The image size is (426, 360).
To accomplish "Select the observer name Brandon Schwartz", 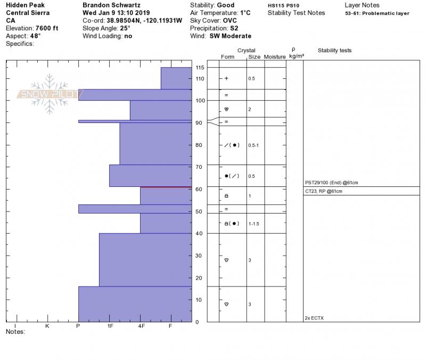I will click(x=111, y=5).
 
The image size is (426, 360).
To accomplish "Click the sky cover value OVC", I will click(x=231, y=21).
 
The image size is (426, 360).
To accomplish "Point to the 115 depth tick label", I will click(x=200, y=68).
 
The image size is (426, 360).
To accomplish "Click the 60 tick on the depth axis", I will click(x=199, y=190).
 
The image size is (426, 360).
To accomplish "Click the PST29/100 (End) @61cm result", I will click(x=331, y=183).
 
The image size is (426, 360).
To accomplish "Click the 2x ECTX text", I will click(x=314, y=318).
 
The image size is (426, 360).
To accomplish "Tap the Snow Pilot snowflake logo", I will click(x=49, y=94).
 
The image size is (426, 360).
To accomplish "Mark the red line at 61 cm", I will click(x=166, y=187).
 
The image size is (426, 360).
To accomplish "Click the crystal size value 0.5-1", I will click(x=253, y=145).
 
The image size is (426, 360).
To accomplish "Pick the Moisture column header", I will click(x=275, y=57).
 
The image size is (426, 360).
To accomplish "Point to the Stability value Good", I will click(x=225, y=5).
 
